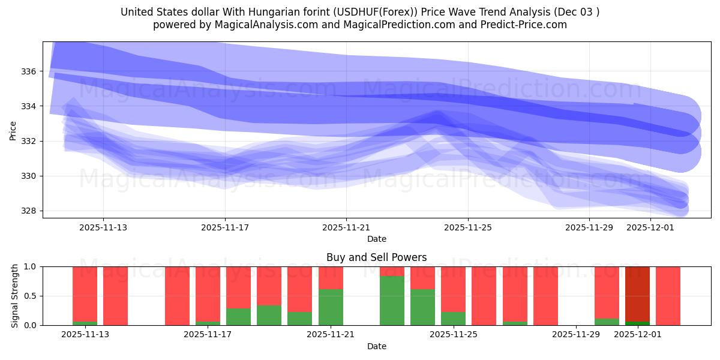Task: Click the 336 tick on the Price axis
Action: pyautogui.click(x=29, y=71)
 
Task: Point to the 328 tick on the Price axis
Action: pyautogui.click(x=29, y=211)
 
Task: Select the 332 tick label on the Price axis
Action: pyautogui.click(x=29, y=141)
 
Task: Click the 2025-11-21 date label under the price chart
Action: pyautogui.click(x=346, y=227)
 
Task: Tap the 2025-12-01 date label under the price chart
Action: pyautogui.click(x=650, y=227)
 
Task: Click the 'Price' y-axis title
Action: pyautogui.click(x=13, y=130)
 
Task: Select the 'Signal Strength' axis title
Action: pyautogui.click(x=15, y=296)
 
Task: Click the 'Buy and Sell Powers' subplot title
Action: pyautogui.click(x=376, y=257)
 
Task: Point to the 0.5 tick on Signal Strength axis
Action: pyautogui.click(x=31, y=296)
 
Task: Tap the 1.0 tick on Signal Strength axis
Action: pyautogui.click(x=31, y=266)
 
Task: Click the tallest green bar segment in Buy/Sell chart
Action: pyautogui.click(x=392, y=301)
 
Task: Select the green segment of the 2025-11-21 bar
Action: pyautogui.click(x=331, y=307)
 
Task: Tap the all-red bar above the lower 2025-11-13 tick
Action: pyautogui.click(x=115, y=296)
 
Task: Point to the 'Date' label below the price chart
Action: pyautogui.click(x=376, y=239)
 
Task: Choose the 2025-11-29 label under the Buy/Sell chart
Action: pyautogui.click(x=575, y=334)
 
